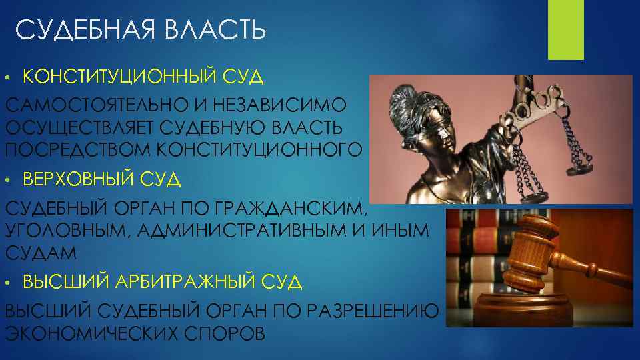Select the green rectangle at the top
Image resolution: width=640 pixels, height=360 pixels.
click(x=565, y=30)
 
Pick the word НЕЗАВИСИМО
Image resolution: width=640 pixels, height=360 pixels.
click(x=290, y=105)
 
